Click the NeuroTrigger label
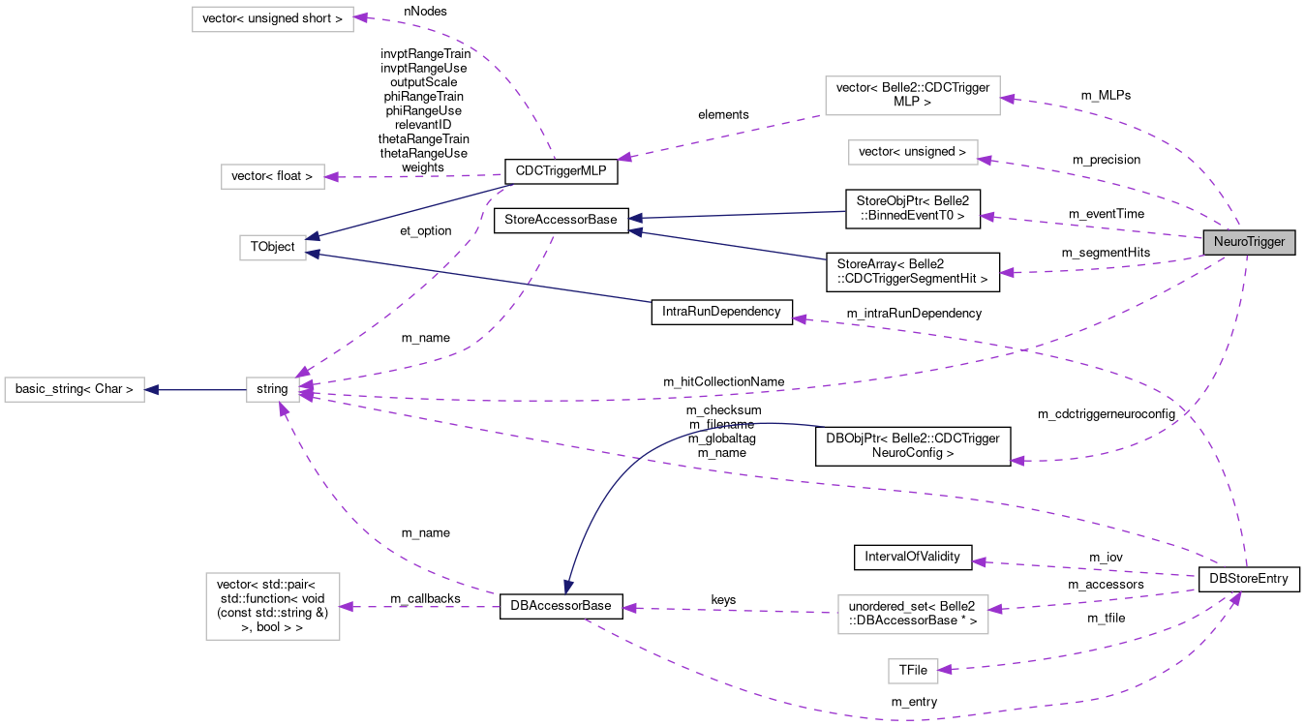tap(1249, 242)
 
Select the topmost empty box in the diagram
tap(273, 19)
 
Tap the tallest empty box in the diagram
tap(273, 606)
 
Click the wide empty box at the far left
tap(75, 390)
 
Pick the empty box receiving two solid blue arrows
tap(273, 248)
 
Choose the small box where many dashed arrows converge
tap(273, 390)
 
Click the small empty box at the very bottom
tap(913, 671)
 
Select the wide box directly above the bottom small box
tap(913, 615)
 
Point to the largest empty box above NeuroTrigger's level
tap(912, 96)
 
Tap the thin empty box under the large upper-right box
tap(913, 153)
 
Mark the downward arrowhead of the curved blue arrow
tap(568, 587)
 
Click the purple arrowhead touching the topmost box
tap(360, 18)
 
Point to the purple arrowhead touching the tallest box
tap(346, 607)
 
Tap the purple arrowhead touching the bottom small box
tap(945, 669)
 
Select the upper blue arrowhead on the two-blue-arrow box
tap(314, 236)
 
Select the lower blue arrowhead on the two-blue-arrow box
tap(314, 255)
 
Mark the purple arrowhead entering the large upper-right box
tap(1007, 98)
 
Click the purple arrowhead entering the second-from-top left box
tap(331, 177)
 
